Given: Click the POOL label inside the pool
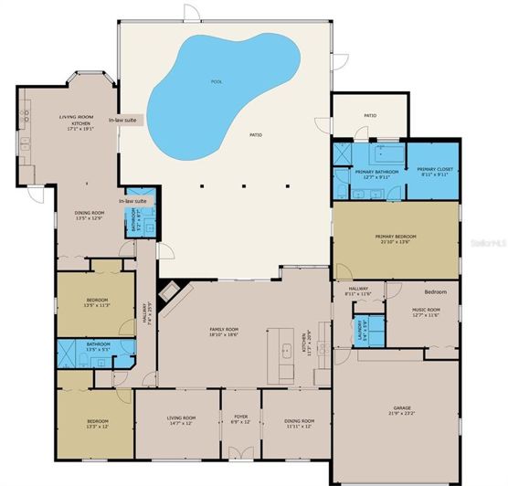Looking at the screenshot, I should (x=217, y=81).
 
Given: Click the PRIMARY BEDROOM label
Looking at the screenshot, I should (x=396, y=239).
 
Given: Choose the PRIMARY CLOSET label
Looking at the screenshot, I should (x=435, y=171).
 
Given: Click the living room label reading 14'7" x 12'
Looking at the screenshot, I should (x=181, y=422).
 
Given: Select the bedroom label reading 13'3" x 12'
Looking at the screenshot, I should (x=96, y=423).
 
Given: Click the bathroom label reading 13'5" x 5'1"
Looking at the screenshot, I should (x=98, y=346).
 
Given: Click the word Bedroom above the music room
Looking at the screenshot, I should (x=436, y=291).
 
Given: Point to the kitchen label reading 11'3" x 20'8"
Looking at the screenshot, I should (x=306, y=343).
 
